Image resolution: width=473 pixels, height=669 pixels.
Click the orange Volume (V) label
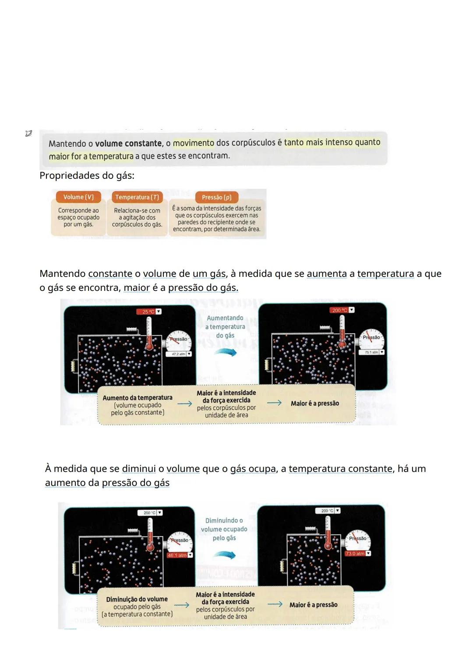click(x=78, y=197)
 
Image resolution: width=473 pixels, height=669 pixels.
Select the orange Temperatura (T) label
click(x=137, y=197)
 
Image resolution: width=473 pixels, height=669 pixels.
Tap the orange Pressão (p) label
click(x=217, y=197)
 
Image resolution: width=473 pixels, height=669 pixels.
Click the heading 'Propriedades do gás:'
click(x=87, y=176)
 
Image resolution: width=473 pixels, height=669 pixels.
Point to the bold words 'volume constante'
click(x=128, y=143)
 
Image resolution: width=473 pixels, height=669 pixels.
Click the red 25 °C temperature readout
click(x=148, y=311)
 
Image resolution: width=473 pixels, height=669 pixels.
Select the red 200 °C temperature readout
click(x=339, y=310)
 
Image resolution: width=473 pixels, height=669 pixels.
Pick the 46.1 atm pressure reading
click(x=177, y=555)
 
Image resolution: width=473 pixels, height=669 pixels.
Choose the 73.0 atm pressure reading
click(x=355, y=553)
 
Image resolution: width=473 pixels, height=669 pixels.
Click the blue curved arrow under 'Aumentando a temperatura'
click(x=226, y=352)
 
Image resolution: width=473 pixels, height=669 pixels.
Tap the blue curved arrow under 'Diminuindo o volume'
click(x=224, y=555)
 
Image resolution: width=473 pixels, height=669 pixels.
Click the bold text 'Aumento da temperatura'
click(x=138, y=398)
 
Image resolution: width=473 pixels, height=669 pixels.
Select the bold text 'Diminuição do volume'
click(x=137, y=599)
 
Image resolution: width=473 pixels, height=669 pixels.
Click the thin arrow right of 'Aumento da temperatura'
click(x=184, y=404)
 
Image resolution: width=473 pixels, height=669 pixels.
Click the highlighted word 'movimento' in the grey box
click(x=194, y=143)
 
